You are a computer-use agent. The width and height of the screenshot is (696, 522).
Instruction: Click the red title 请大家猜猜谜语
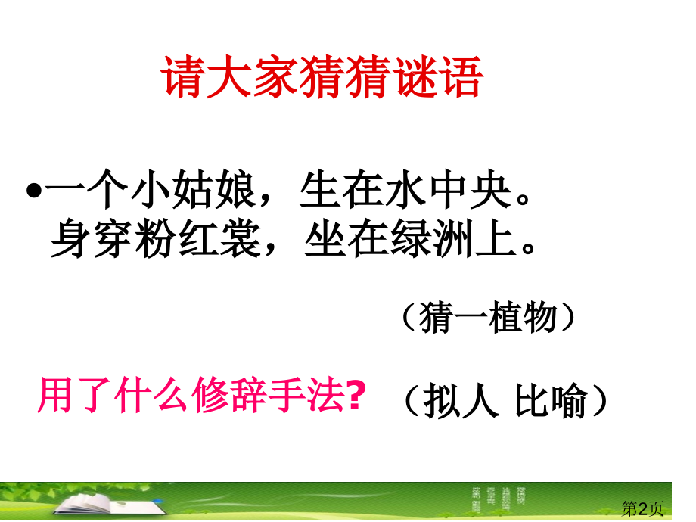pyautogui.click(x=322, y=76)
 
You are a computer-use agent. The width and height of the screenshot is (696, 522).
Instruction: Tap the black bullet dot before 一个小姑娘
pyautogui.click(x=34, y=191)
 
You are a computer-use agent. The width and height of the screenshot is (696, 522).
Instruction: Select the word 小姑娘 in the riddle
pyautogui.click(x=194, y=190)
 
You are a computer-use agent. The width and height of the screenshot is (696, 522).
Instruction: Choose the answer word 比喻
pyautogui.click(x=552, y=400)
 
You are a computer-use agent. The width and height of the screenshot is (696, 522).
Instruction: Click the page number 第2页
pyautogui.click(x=642, y=508)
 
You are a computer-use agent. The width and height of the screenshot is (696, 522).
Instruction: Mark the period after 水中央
pyautogui.click(x=524, y=199)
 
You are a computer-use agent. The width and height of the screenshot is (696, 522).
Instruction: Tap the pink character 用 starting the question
pyautogui.click(x=55, y=395)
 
